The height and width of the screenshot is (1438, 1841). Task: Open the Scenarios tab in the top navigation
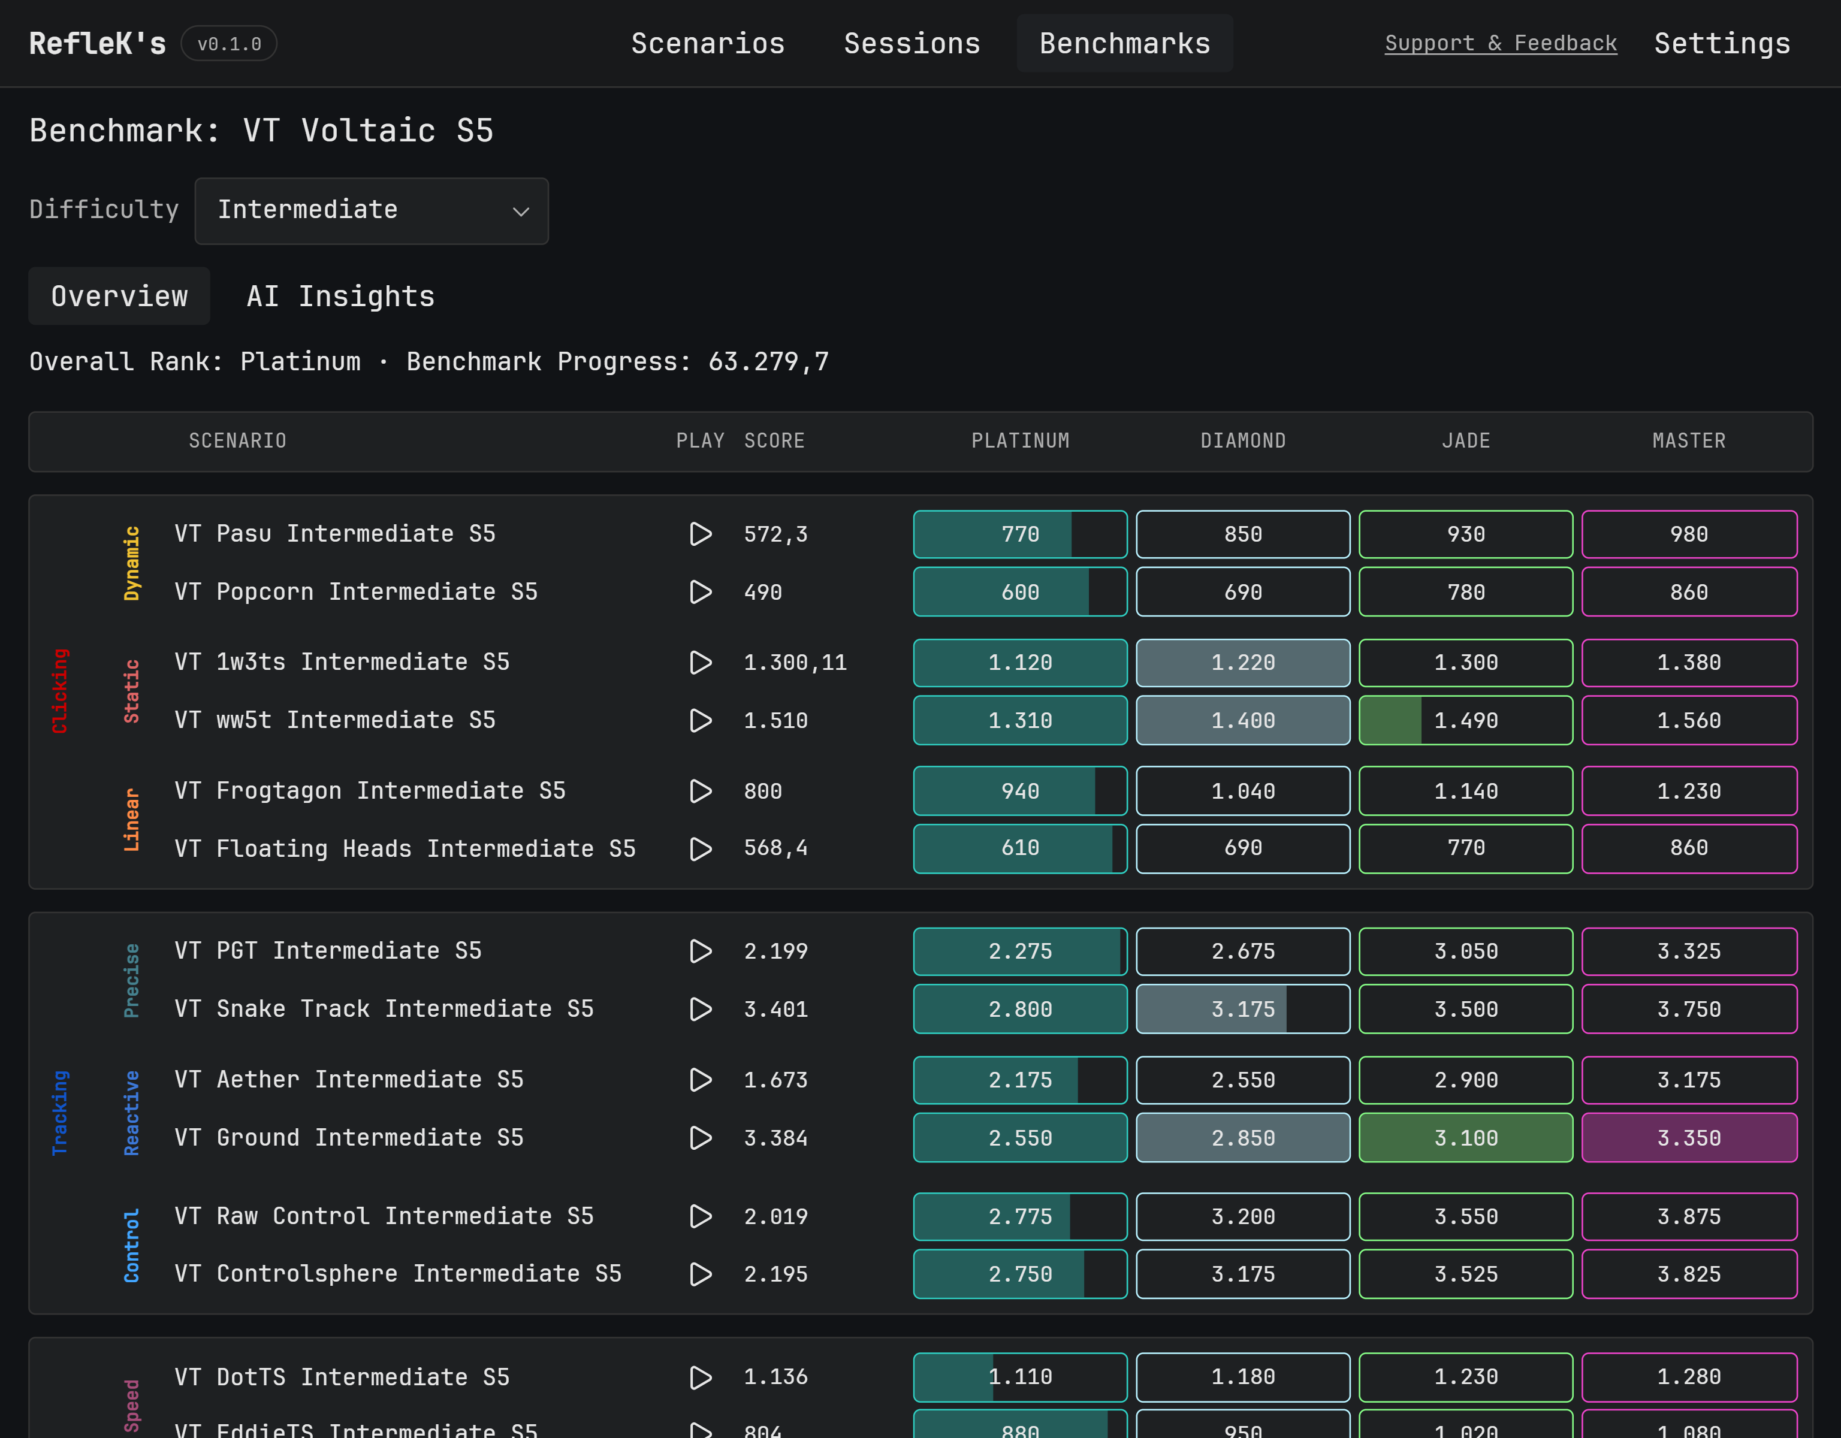pyautogui.click(x=707, y=44)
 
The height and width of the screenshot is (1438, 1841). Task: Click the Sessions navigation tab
pyautogui.click(x=912, y=44)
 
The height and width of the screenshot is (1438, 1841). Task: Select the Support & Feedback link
pyautogui.click(x=1501, y=44)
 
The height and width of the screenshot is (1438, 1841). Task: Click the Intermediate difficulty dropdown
pyautogui.click(x=372, y=211)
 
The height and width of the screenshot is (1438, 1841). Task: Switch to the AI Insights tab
pyautogui.click(x=340, y=297)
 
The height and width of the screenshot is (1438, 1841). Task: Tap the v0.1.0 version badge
pyautogui.click(x=230, y=44)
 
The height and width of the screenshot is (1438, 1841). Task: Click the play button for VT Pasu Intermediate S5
pyautogui.click(x=701, y=534)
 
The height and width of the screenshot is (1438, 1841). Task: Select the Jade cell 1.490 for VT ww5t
pyautogui.click(x=1466, y=721)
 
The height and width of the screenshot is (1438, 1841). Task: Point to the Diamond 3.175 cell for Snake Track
pyautogui.click(x=1242, y=1009)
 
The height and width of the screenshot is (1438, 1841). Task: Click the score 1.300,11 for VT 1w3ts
pyautogui.click(x=795, y=663)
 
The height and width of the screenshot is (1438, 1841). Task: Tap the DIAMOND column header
pyautogui.click(x=1242, y=441)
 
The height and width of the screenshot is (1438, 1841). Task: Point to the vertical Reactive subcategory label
pyautogui.click(x=131, y=1113)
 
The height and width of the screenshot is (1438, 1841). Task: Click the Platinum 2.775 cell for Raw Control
pyautogui.click(x=1020, y=1216)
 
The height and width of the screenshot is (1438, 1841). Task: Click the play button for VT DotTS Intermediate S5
pyautogui.click(x=701, y=1377)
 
